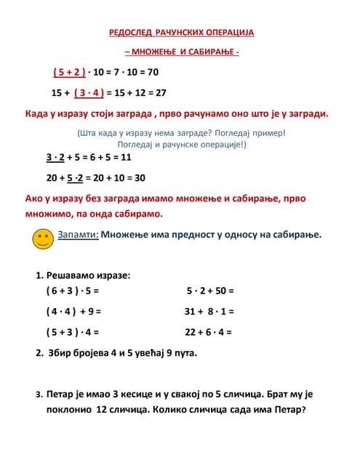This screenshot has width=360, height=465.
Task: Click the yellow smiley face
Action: (x=43, y=238)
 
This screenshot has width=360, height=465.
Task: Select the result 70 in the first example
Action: (x=152, y=73)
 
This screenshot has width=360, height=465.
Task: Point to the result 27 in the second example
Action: (x=161, y=93)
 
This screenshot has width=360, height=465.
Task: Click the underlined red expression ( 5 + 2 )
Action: (x=69, y=73)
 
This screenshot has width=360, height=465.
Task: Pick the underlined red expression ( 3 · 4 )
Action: (x=89, y=93)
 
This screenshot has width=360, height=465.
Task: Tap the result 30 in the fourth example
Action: (x=139, y=177)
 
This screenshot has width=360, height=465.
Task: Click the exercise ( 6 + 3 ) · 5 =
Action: (x=71, y=291)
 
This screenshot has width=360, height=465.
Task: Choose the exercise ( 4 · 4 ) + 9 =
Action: (x=73, y=311)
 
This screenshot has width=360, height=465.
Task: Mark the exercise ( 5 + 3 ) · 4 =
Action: (x=71, y=332)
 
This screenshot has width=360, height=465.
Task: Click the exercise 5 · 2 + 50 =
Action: (x=209, y=291)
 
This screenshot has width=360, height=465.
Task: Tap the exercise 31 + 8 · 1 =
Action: (x=209, y=311)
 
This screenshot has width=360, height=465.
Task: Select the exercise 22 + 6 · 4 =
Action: (x=208, y=332)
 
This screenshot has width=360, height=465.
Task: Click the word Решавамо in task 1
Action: (x=73, y=275)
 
